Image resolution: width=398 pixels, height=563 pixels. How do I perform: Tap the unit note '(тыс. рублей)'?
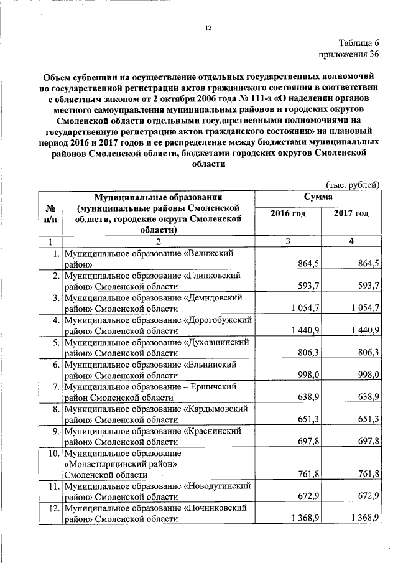(353, 184)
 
